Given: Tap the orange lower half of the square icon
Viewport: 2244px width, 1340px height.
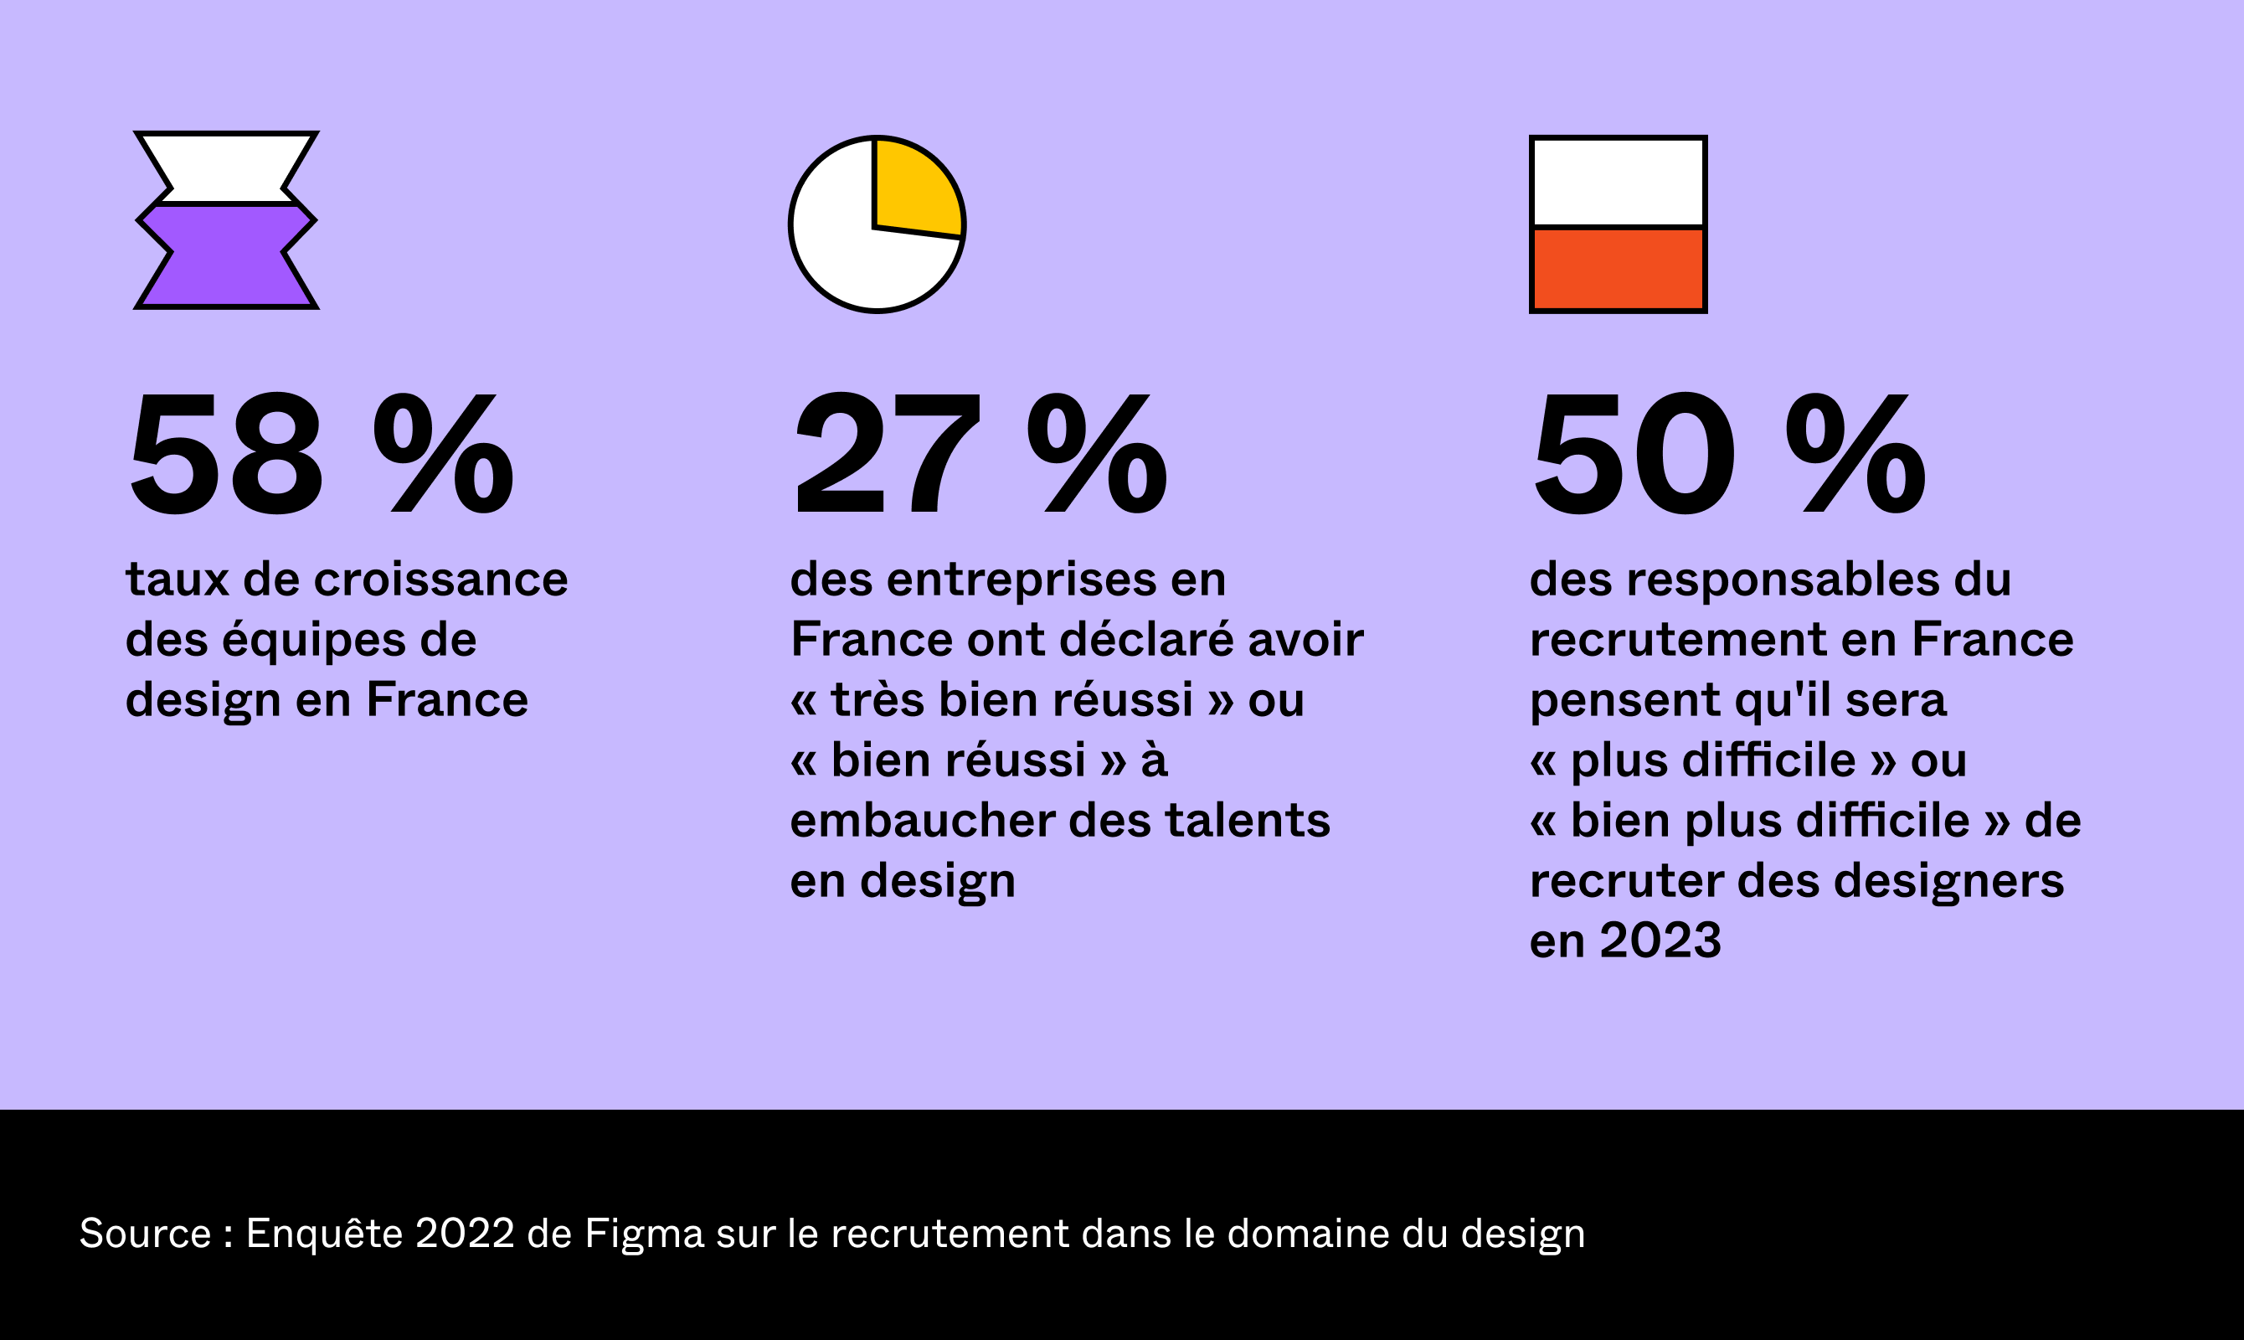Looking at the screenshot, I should point(1618,268).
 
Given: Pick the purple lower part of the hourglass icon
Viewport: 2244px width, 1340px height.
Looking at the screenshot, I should point(227,257).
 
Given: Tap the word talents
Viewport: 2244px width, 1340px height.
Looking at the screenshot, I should point(1247,821).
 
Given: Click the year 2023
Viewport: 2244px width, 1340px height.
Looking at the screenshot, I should point(1660,941).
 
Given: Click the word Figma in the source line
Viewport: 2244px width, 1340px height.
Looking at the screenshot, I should point(644,1234).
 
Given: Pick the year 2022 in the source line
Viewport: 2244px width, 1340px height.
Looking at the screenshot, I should point(464,1234).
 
